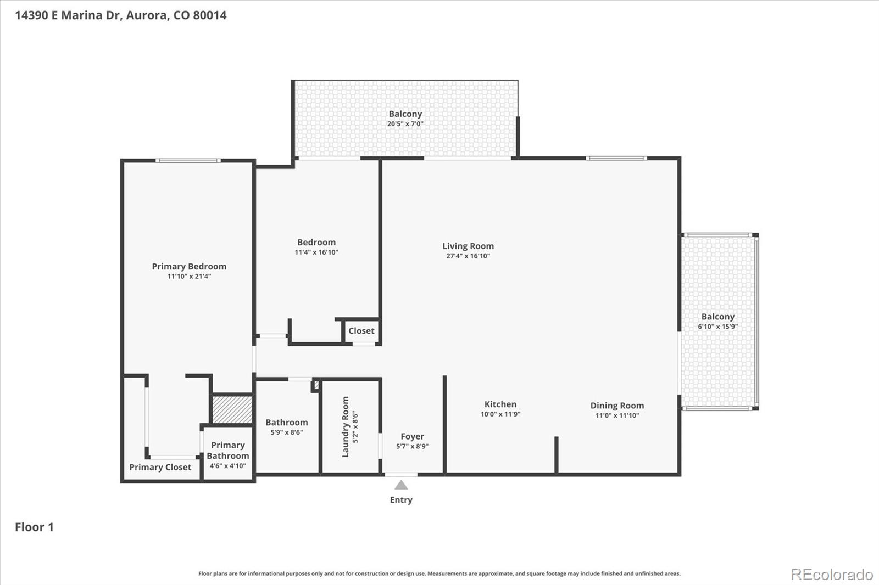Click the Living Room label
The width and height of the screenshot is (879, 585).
point(468,246)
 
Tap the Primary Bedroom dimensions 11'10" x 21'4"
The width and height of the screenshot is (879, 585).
point(189,277)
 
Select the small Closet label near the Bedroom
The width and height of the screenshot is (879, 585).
point(361,331)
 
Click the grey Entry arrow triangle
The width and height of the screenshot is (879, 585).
point(401,485)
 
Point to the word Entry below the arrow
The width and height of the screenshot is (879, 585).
point(401,500)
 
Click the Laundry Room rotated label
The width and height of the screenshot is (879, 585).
point(346,426)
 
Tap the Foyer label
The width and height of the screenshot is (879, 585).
point(412,436)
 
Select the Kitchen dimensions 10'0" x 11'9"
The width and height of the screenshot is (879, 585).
point(500,414)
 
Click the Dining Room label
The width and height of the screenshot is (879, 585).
point(617,406)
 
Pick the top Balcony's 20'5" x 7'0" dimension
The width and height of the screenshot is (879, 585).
point(405,124)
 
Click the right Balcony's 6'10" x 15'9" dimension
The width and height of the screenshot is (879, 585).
point(717,327)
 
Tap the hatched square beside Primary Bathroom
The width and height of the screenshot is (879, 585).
point(232,410)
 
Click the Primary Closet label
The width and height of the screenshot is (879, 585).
point(160,467)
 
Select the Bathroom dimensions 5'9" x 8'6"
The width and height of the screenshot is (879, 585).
point(286,432)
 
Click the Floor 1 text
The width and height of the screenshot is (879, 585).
point(34,527)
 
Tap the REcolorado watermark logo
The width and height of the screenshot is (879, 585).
point(831,575)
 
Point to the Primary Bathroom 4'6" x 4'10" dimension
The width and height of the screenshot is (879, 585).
point(227,466)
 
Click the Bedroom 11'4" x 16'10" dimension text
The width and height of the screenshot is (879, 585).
point(316,252)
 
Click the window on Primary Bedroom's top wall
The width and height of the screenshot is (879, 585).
point(187,161)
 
